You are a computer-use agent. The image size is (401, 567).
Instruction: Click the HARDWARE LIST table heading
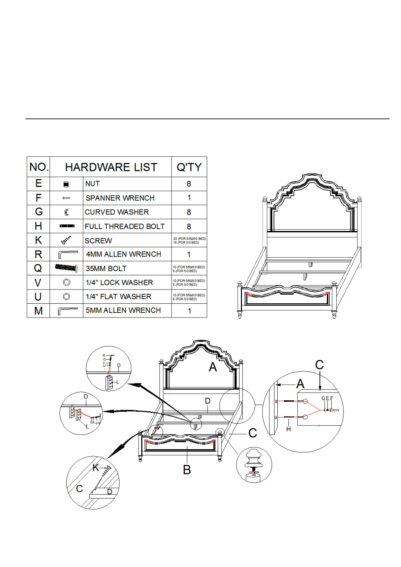click(x=111, y=167)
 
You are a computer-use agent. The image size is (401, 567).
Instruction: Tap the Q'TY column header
click(x=189, y=167)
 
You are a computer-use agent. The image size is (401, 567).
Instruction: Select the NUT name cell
click(x=92, y=184)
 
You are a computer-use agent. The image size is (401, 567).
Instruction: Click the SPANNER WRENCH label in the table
click(x=120, y=198)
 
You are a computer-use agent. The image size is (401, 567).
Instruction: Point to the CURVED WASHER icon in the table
click(x=66, y=212)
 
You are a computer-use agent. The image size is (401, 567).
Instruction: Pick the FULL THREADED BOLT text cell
click(x=125, y=226)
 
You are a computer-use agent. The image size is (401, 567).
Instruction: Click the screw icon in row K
click(x=66, y=240)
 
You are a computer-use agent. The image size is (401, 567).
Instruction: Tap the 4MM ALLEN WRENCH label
click(x=123, y=254)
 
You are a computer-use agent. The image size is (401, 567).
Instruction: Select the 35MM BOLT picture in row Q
click(x=66, y=268)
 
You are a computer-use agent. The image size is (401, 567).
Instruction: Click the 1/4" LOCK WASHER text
click(x=119, y=282)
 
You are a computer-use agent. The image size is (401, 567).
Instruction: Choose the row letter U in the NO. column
click(x=38, y=297)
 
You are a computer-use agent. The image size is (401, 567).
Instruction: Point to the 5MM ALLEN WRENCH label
click(x=123, y=310)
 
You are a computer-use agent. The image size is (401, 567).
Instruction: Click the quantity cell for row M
click(x=189, y=311)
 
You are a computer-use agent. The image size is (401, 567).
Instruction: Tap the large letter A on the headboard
click(x=213, y=367)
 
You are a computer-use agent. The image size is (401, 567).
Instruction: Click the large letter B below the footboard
click(x=187, y=470)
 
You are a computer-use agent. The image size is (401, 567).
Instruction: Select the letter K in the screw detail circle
click(x=96, y=467)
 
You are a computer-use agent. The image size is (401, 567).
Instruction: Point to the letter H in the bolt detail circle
click(x=288, y=429)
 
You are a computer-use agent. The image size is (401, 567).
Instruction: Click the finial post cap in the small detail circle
click(x=254, y=459)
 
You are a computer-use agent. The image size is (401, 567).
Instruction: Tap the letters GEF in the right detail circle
click(x=327, y=398)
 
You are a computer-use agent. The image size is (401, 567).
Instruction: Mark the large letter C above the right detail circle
click(x=319, y=365)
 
